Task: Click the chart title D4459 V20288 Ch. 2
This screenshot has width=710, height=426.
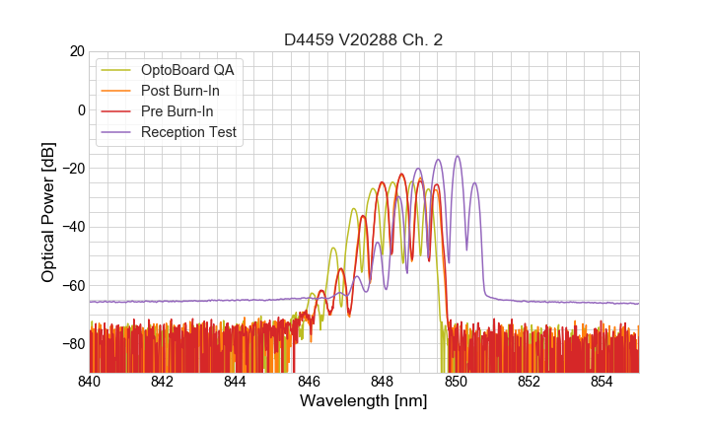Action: click(x=363, y=40)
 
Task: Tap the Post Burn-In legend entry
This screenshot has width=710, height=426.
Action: click(x=187, y=91)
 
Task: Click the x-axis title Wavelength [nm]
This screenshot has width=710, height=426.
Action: click(x=363, y=401)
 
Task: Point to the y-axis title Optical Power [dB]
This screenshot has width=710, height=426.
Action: click(x=48, y=212)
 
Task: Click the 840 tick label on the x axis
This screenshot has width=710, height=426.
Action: click(x=90, y=381)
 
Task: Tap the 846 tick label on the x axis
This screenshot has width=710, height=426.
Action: click(x=309, y=381)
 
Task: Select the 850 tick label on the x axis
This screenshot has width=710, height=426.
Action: click(x=456, y=381)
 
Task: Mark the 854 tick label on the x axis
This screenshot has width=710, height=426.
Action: click(x=603, y=381)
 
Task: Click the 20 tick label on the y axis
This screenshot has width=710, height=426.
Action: click(x=76, y=51)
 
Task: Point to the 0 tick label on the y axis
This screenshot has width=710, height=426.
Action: click(x=80, y=109)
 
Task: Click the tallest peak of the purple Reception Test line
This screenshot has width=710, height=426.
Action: click(x=457, y=156)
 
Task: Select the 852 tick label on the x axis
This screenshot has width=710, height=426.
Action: click(x=529, y=381)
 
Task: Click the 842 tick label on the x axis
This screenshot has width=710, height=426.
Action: click(x=163, y=381)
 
